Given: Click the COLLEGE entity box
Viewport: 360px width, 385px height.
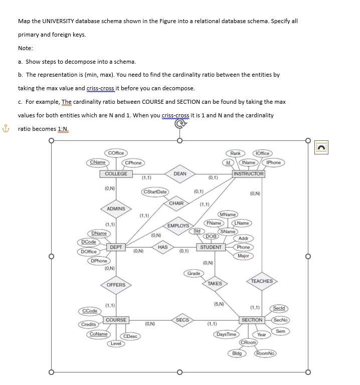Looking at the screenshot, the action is click(x=116, y=174).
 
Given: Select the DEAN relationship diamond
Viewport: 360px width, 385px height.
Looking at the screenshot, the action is click(x=180, y=174).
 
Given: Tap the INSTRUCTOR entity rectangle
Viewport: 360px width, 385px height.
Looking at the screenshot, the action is click(x=249, y=174).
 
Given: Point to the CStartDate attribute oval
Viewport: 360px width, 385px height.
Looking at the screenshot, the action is click(x=155, y=192).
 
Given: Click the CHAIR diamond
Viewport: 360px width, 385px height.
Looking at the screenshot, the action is click(x=176, y=204).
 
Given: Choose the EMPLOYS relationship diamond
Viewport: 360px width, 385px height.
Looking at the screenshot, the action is click(x=178, y=226).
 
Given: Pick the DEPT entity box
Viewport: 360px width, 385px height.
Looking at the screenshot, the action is click(x=116, y=247).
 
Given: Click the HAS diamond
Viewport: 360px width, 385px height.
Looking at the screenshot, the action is click(x=162, y=247).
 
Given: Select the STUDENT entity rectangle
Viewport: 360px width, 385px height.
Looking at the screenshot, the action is click(x=211, y=247).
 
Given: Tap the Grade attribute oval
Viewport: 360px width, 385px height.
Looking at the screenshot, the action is click(x=194, y=273).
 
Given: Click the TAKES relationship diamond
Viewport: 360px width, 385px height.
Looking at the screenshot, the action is click(x=215, y=284).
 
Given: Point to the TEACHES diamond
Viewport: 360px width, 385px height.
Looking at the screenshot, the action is click(x=262, y=281).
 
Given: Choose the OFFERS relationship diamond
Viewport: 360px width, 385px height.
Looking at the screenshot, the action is click(x=116, y=285).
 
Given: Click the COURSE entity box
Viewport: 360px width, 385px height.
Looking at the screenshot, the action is click(x=116, y=320).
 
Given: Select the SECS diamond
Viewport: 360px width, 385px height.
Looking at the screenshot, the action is click(x=183, y=320).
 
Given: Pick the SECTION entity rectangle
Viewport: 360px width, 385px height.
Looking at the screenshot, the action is click(x=252, y=320).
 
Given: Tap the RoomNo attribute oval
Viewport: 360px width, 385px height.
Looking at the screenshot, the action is click(x=265, y=353).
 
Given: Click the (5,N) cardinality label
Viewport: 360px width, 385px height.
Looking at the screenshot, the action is click(x=219, y=304).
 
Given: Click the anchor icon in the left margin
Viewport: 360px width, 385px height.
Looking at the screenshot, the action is click(x=6, y=128).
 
